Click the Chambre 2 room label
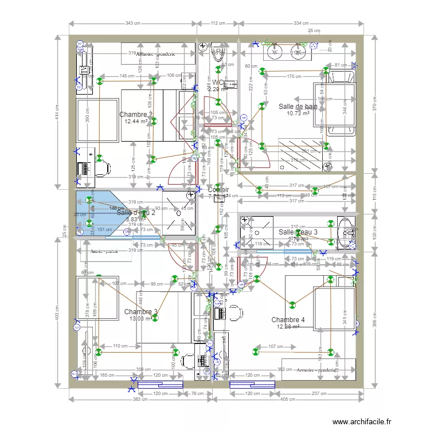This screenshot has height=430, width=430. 135,115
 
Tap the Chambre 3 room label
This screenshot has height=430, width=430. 140,312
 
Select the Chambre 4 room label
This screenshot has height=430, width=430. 288,320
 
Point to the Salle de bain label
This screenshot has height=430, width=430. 298,107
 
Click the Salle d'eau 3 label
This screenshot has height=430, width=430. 298,232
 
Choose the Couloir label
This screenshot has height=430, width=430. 218,190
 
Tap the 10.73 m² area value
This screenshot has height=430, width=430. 298,114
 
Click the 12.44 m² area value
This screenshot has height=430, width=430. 136,122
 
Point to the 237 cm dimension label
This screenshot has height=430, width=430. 320,394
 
